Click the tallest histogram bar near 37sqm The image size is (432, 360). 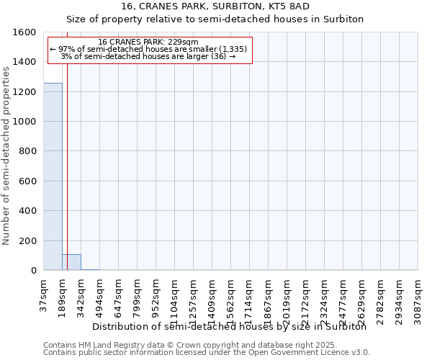click(x=53, y=176)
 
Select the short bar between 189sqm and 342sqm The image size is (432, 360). click(x=71, y=262)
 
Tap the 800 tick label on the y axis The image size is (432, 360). click(x=28, y=152)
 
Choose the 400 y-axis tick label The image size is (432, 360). click(x=28, y=211)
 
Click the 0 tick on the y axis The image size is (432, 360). click(x=33, y=271)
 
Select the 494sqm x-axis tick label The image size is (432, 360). click(x=99, y=295)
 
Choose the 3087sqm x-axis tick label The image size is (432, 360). click(x=418, y=297)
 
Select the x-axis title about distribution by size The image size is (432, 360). click(x=230, y=327)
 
